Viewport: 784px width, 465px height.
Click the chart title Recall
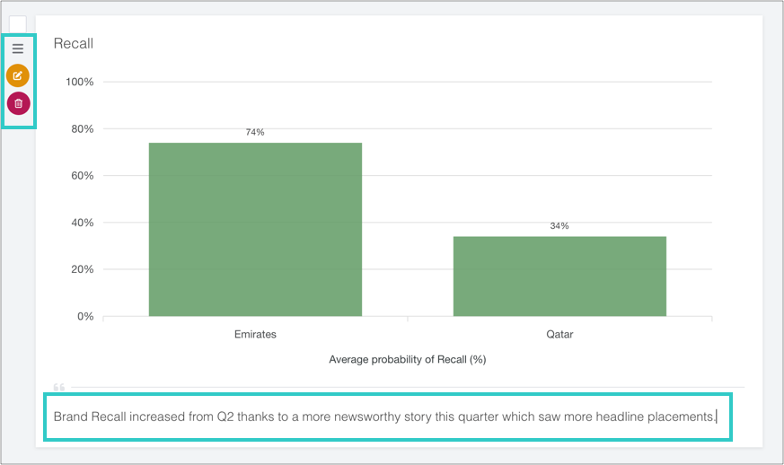(x=74, y=44)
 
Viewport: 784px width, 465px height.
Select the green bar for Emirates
(x=255, y=229)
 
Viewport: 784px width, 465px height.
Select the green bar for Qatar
(x=559, y=276)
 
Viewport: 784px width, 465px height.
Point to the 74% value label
(x=255, y=132)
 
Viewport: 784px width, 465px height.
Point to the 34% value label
(x=559, y=226)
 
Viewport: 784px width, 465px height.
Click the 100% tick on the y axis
(x=80, y=83)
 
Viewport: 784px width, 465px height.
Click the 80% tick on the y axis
(x=82, y=129)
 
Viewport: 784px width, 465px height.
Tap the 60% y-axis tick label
(x=82, y=176)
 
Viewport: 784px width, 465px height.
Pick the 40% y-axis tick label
(x=82, y=223)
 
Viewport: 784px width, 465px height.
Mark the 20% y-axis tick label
(x=82, y=269)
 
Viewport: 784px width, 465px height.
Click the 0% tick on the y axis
(x=84, y=317)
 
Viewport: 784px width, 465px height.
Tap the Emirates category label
(x=255, y=335)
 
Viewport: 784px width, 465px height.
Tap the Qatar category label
(x=559, y=335)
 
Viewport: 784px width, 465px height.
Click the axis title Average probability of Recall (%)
(x=407, y=360)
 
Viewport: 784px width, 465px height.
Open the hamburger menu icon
(x=18, y=48)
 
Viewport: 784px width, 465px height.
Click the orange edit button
(x=18, y=75)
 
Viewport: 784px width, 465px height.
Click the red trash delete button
(x=18, y=103)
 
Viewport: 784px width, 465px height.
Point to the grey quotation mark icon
(x=59, y=388)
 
